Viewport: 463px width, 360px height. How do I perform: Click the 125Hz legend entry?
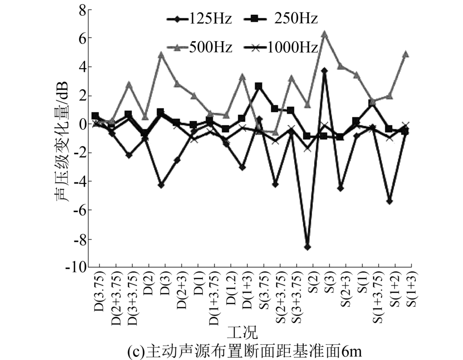coord(199,19)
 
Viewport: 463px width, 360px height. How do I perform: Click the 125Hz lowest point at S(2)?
coord(307,247)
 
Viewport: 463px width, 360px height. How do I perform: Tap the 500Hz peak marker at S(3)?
coord(325,34)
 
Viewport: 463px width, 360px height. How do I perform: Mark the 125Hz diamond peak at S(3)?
coord(325,70)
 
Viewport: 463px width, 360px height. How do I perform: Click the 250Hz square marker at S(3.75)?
coord(259,86)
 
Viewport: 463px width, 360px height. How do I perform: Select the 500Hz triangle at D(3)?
coord(161,55)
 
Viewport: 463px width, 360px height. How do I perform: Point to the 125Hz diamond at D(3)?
coord(161,185)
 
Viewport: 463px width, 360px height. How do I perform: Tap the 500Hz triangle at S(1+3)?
coord(406,54)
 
